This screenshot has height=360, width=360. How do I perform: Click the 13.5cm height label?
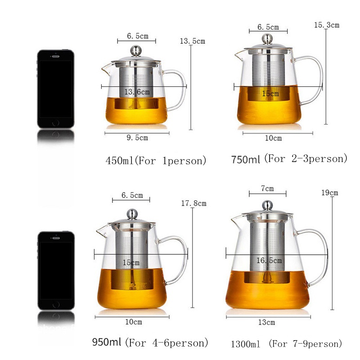coord(193,41)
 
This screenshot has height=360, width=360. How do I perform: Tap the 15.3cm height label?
coord(327,25)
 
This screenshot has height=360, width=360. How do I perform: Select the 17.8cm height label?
coord(194,203)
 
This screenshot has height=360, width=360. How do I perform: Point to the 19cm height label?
coord(330,193)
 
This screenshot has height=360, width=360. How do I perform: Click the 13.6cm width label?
coord(137,92)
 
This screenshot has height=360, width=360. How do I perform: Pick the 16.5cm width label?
coord(269,261)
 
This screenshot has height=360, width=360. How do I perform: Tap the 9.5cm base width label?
coord(137,138)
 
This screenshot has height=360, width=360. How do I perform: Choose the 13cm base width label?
coord(266,322)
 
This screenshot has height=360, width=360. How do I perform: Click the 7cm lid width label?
coord(267,189)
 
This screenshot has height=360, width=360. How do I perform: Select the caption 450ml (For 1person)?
coord(156,161)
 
